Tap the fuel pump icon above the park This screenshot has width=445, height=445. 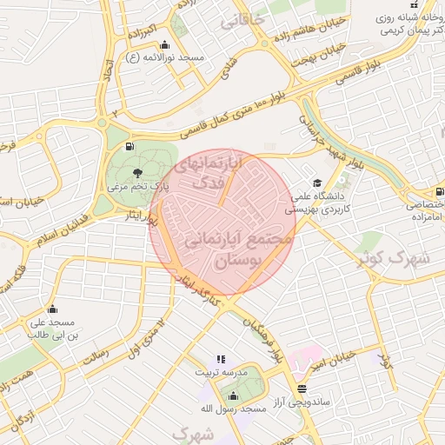coord(130,147)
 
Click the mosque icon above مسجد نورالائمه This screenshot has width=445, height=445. coord(165,45)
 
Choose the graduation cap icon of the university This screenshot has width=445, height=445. coord(317,183)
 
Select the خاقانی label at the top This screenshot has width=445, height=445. coord(242,22)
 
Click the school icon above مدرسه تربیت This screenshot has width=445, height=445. coord(220,358)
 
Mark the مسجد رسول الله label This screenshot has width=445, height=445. coord(228,408)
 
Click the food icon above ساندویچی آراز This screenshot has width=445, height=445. coord(302,389)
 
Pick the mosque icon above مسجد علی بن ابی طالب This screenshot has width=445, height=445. coord(52,309)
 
